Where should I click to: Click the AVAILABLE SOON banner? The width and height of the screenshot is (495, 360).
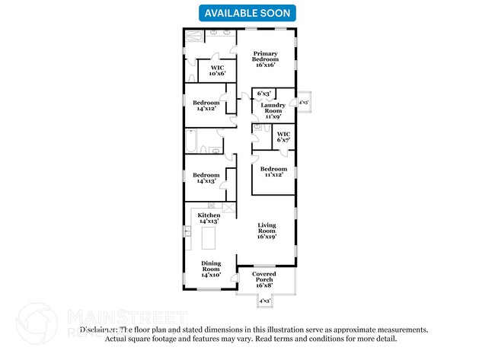pyautogui.click(x=247, y=12)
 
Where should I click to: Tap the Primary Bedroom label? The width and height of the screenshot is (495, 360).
pyautogui.click(x=266, y=60)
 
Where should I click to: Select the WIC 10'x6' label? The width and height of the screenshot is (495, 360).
pyautogui.click(x=216, y=70)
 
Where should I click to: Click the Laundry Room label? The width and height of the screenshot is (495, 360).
pyautogui.click(x=273, y=111)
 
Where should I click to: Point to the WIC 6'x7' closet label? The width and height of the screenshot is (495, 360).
pyautogui.click(x=284, y=138)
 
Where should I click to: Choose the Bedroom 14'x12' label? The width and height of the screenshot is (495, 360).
pyautogui.click(x=206, y=106)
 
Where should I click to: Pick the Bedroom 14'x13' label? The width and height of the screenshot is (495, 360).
pyautogui.click(x=206, y=178)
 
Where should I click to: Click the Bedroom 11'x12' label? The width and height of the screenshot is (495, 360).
pyautogui.click(x=273, y=172)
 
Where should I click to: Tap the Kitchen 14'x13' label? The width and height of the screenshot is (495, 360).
pyautogui.click(x=209, y=218)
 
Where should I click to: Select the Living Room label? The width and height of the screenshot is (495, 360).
pyautogui.click(x=267, y=231)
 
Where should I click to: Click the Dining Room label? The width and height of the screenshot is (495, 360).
pyautogui.click(x=211, y=267)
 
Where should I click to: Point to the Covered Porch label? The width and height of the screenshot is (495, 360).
pyautogui.click(x=264, y=277)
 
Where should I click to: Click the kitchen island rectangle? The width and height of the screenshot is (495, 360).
pyautogui.click(x=209, y=238)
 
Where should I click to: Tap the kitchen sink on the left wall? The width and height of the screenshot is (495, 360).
pyautogui.click(x=187, y=231)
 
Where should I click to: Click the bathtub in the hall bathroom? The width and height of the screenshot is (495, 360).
pyautogui.click(x=192, y=141)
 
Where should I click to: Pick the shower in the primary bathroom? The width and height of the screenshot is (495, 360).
pyautogui.click(x=193, y=34)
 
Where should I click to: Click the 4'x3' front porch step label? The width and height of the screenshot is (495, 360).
pyautogui.click(x=265, y=301)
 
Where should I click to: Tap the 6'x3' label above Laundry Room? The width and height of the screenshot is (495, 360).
pyautogui.click(x=263, y=94)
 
